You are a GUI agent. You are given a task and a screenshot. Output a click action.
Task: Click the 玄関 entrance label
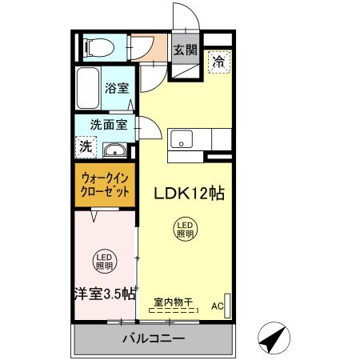(185, 49)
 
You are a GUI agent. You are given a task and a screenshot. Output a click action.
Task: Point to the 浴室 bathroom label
(117, 89)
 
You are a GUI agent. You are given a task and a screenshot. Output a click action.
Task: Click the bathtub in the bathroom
(87, 88)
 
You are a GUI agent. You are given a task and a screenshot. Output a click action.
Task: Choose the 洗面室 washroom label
(107, 125)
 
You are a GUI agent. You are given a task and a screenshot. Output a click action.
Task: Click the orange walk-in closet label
(104, 186)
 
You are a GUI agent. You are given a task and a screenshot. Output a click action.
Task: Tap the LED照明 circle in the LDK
(185, 230)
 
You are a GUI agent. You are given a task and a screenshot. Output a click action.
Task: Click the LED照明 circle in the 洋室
(105, 261)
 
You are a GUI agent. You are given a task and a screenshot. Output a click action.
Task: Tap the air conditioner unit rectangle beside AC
(230, 306)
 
